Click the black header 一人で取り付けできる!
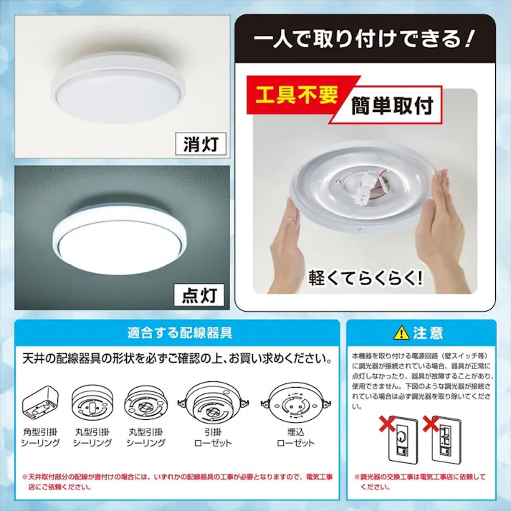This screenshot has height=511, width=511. coord(365,35)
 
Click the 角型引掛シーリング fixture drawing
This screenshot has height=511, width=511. coord(42,399)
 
